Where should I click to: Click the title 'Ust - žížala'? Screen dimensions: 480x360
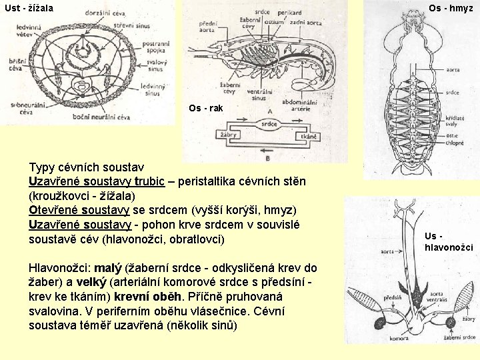click(28, 8)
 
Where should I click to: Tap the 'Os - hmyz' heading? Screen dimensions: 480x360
click(451, 8)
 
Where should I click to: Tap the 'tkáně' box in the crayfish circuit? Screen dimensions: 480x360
click(308, 136)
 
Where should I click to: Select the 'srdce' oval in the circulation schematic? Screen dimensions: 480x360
click(269, 123)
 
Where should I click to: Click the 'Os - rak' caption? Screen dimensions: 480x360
click(206, 108)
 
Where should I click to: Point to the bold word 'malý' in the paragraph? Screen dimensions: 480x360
click(110, 269)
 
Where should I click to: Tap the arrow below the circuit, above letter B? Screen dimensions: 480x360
click(269, 151)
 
